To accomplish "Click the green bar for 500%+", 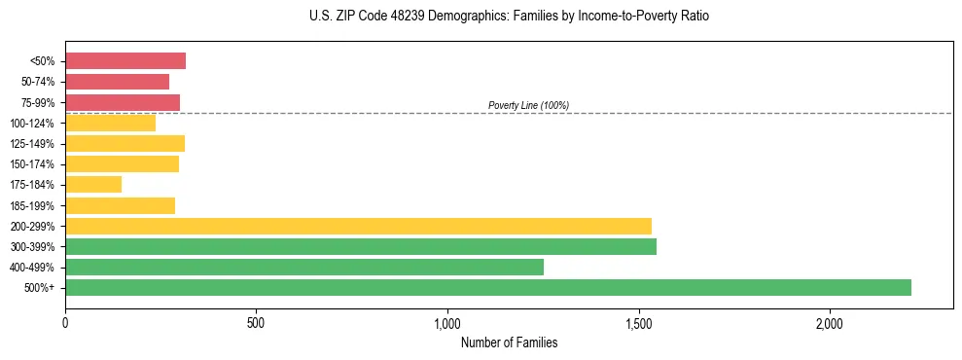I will [487, 287].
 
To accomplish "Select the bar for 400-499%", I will [303, 267].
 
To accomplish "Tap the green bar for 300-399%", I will [360, 246].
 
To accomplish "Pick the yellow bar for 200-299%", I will [358, 226].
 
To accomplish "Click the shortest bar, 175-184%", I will [93, 184].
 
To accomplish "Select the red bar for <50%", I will [125, 61].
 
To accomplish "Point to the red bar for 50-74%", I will [117, 82].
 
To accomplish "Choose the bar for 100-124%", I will [110, 123].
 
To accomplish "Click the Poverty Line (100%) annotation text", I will [528, 105].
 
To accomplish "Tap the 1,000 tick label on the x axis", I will [447, 323].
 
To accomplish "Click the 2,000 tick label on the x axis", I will [830, 323].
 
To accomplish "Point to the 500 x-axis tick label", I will [256, 323].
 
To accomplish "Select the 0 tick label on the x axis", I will [65, 323].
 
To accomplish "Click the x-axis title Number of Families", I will [509, 342].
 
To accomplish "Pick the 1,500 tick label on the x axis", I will [639, 323].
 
